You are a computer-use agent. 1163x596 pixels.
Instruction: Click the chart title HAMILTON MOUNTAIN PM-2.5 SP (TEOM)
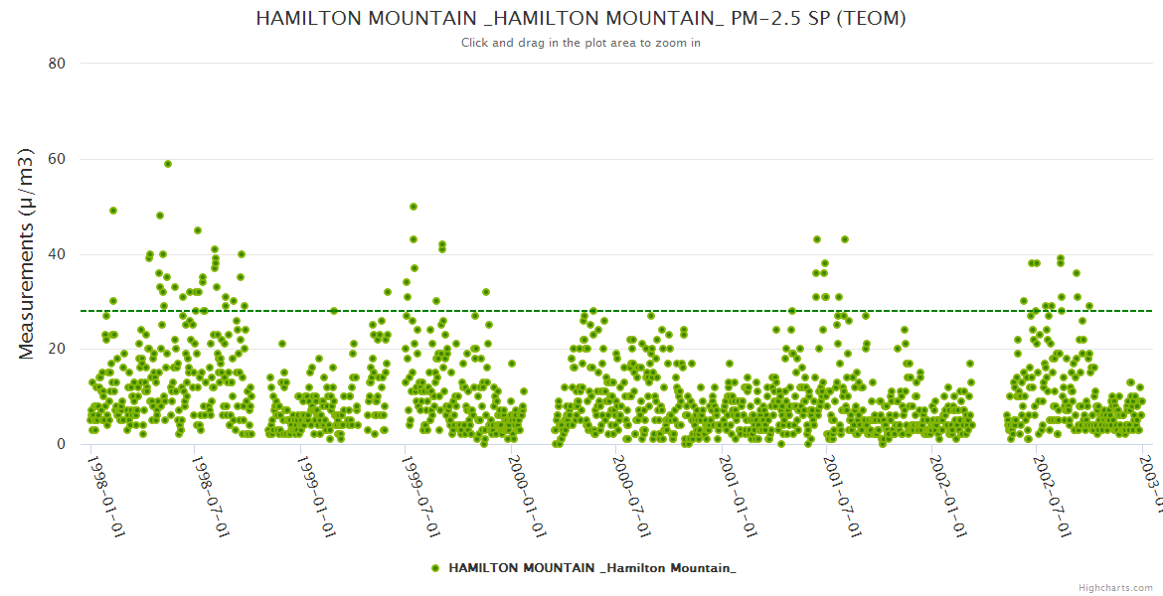click(581, 18)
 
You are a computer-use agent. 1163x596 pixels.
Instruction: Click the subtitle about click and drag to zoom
click(581, 43)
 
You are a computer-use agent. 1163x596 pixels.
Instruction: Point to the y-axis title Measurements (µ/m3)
click(27, 253)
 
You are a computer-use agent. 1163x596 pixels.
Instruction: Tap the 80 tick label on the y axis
click(57, 64)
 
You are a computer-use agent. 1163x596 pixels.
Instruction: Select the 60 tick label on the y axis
click(57, 159)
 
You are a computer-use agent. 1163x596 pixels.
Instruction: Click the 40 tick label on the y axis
click(57, 254)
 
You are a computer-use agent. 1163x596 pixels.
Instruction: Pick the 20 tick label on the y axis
click(57, 349)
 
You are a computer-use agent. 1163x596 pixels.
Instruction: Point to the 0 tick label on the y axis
click(61, 444)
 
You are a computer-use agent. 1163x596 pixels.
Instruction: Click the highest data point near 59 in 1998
click(168, 164)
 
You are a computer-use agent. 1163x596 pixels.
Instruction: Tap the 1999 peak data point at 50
click(414, 207)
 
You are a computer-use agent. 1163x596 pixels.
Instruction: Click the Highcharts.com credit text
click(1115, 587)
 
